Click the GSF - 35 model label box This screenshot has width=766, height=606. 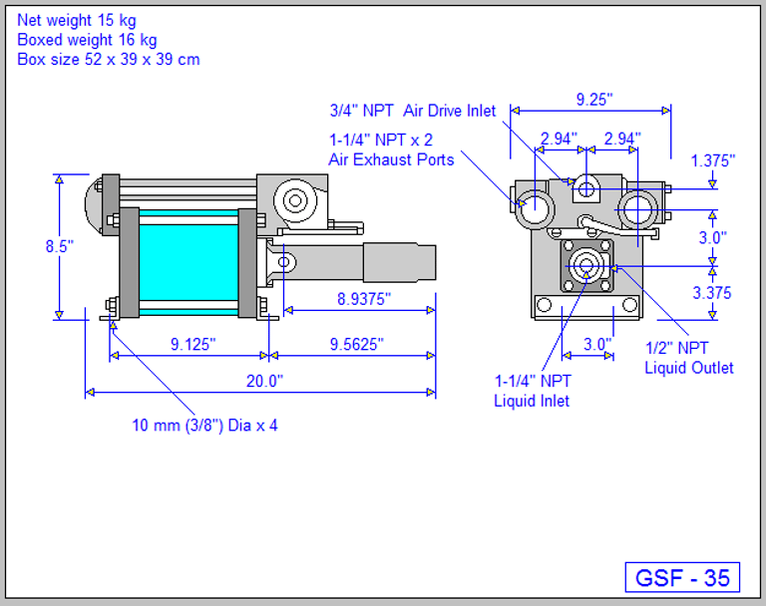tap(683, 577)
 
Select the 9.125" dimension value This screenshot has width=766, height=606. tap(192, 344)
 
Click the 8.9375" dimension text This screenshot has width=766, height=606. tap(358, 298)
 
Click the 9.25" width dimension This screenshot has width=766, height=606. tap(594, 100)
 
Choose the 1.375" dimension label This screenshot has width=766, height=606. tap(712, 159)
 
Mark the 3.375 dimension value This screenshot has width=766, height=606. tap(712, 292)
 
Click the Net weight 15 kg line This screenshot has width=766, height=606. tap(77, 20)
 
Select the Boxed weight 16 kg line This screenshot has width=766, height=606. tap(87, 40)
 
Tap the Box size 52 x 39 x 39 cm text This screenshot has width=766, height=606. tap(108, 60)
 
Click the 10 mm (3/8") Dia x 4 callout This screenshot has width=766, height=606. tap(205, 426)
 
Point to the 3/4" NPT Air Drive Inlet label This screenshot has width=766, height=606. tap(412, 111)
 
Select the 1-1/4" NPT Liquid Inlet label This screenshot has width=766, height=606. tap(533, 391)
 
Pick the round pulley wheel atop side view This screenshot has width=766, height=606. tap(295, 200)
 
